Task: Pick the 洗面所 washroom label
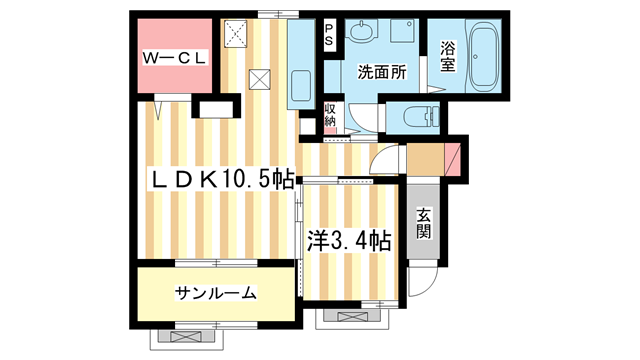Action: pyautogui.click(x=382, y=72)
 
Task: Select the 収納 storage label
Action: pyautogui.click(x=330, y=114)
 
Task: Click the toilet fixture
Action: pyautogui.click(x=414, y=117)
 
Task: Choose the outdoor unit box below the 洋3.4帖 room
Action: pyautogui.click(x=351, y=317)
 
